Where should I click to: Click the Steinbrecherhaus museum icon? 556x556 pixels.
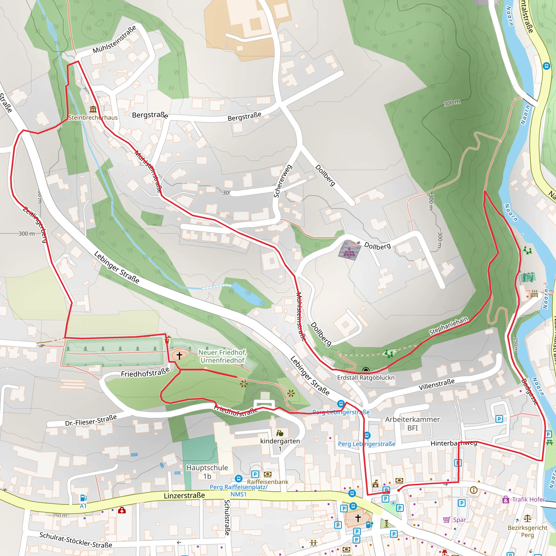coord(93,109)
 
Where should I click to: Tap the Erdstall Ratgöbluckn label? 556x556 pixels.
coord(365,378)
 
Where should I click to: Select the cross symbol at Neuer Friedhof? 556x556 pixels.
coord(179,355)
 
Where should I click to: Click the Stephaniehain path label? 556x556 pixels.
coord(448,326)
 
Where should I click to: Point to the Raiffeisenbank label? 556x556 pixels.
coord(267,482)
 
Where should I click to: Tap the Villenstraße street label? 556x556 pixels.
coord(436,384)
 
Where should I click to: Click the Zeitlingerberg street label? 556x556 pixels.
coord(35,225)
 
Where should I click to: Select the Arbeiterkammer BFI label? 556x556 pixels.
coord(412,423)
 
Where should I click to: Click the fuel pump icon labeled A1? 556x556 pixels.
coord(83,498)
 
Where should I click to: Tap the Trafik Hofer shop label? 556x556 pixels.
coord(528,500)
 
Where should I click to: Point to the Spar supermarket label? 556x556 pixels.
coord(459,520)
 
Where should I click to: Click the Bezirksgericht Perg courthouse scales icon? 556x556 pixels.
coord(527,518)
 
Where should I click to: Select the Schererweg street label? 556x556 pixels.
coord(282,181)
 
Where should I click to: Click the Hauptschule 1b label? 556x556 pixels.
coord(207,472)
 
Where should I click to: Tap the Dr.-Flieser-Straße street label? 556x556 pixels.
coord(91,421)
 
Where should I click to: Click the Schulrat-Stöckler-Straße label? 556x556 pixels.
coord(76,540)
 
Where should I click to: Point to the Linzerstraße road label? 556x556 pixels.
coord(184,495)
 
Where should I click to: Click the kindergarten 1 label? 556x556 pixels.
coord(280,445)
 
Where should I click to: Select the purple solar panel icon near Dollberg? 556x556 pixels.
coord(349,250)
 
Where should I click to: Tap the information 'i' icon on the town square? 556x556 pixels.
coord(473,490)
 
